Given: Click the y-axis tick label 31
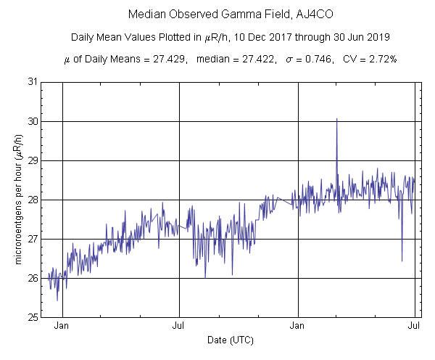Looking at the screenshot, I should tap(33, 82).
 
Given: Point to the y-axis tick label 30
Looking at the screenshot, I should tap(33, 121).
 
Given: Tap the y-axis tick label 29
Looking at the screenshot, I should tap(33, 160).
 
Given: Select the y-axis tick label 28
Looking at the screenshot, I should tap(33, 200).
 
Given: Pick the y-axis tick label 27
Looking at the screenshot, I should tap(33, 239).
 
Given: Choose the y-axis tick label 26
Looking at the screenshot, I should tap(33, 278).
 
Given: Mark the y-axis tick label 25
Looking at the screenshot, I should tap(33, 317).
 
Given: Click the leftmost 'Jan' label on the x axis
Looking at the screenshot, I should tap(62, 327).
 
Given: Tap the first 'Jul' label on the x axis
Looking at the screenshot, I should tap(179, 327).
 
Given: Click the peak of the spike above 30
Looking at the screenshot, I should tap(336, 119).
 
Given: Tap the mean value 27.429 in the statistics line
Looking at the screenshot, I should tap(164, 60).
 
